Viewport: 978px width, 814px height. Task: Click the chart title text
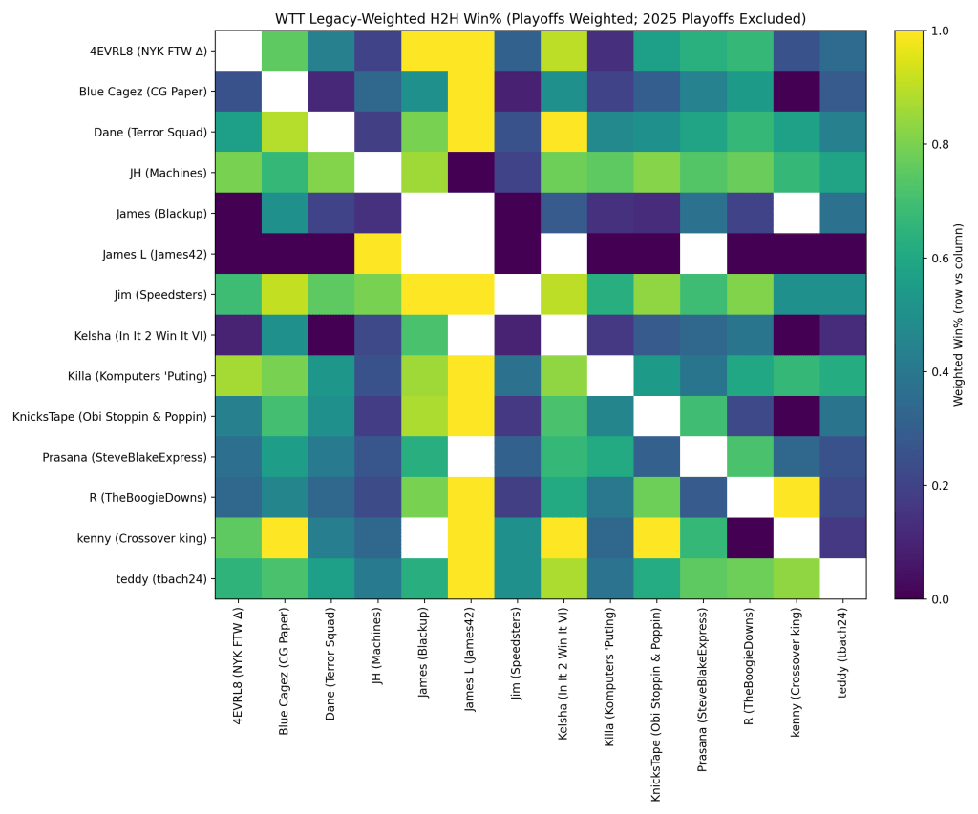click(x=541, y=19)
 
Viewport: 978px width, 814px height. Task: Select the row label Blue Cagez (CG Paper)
click(x=143, y=92)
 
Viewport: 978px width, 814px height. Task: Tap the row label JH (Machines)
click(x=169, y=173)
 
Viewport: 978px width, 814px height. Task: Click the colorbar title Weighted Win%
click(x=959, y=314)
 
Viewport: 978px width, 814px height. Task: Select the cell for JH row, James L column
click(x=471, y=173)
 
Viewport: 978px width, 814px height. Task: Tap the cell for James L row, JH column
click(x=377, y=254)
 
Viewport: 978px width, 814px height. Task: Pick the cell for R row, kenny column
click(x=797, y=497)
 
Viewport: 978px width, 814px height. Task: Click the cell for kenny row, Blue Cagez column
click(x=285, y=538)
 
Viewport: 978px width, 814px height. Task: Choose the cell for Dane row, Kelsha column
click(x=563, y=132)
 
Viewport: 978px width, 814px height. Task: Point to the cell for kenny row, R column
click(x=750, y=538)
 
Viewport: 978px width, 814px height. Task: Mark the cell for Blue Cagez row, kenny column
click(x=797, y=92)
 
